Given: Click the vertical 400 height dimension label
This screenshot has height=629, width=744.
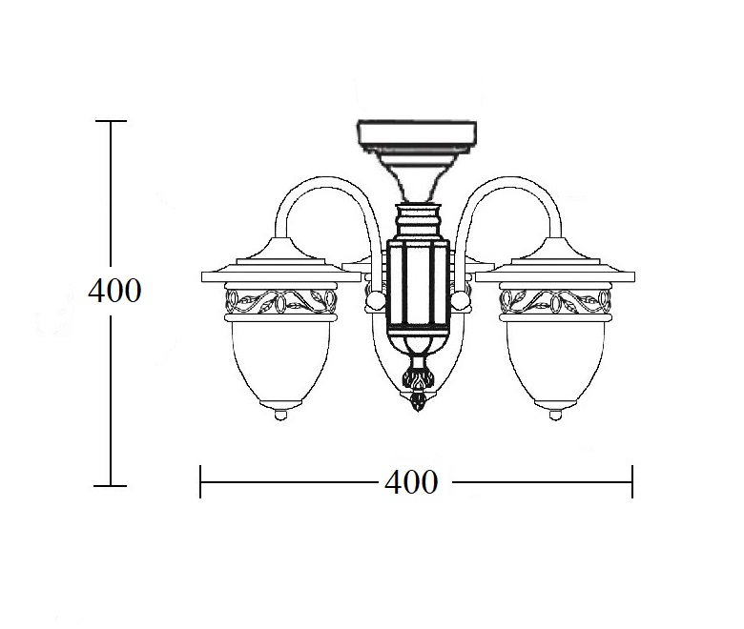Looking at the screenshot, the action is click(x=114, y=290).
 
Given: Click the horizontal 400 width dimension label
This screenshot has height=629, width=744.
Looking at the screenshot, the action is click(x=411, y=482).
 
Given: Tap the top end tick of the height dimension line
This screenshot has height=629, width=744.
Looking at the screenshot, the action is click(x=111, y=121).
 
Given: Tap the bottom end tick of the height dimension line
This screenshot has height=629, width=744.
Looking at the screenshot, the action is click(x=111, y=486).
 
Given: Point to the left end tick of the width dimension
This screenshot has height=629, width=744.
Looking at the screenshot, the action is click(x=200, y=482).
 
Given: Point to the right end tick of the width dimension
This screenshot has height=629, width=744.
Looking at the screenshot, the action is click(x=632, y=482).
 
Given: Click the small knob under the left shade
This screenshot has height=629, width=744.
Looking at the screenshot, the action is click(x=280, y=415).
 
